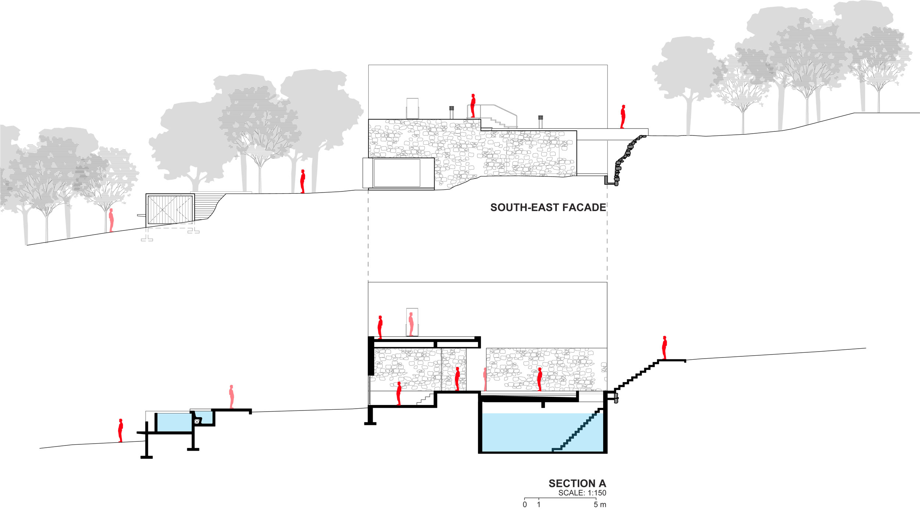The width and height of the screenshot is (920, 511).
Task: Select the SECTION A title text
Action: [577, 483]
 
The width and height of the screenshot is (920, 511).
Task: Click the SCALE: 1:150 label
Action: [582, 493]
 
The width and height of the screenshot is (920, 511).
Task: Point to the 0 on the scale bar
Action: [525, 505]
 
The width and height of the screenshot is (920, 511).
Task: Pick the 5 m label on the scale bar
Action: [600, 505]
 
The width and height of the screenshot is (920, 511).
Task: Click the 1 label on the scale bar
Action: [539, 505]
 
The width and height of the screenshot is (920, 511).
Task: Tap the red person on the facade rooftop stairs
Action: [473, 106]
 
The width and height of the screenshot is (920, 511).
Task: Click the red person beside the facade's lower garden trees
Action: [302, 182]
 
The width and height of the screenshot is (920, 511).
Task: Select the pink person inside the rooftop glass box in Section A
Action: [411, 324]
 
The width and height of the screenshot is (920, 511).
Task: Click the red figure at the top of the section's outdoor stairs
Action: [664, 348]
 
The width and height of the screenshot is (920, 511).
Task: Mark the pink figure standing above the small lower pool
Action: [231, 397]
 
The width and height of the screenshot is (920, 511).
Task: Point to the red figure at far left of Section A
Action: [120, 430]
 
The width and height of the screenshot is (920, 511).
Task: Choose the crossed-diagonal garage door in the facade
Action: [170, 209]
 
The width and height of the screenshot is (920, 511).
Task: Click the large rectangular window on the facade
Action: [397, 173]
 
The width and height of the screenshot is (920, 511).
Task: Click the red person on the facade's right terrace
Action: [623, 117]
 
